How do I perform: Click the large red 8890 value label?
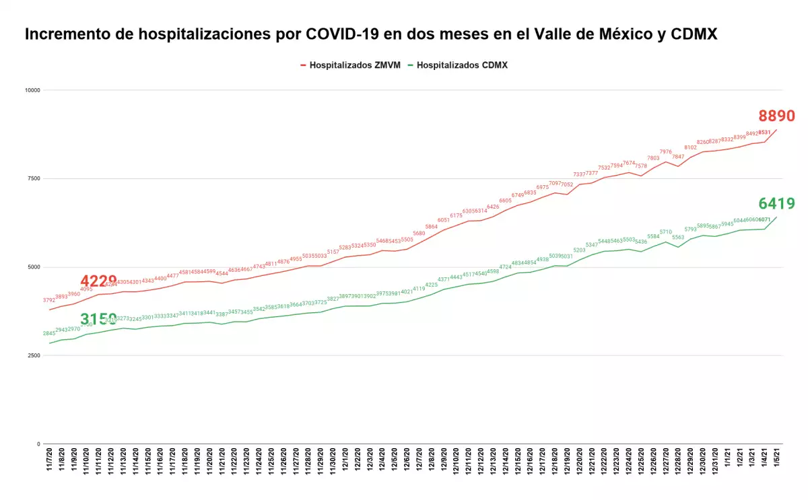click(x=776, y=116)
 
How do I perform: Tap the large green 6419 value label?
click(x=776, y=203)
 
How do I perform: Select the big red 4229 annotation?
click(x=98, y=281)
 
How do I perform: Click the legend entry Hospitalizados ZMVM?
click(x=349, y=65)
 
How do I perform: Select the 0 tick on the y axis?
click(x=38, y=444)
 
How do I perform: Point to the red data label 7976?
click(x=665, y=152)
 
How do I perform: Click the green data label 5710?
click(x=665, y=231)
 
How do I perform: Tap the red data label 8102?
click(x=690, y=147)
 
